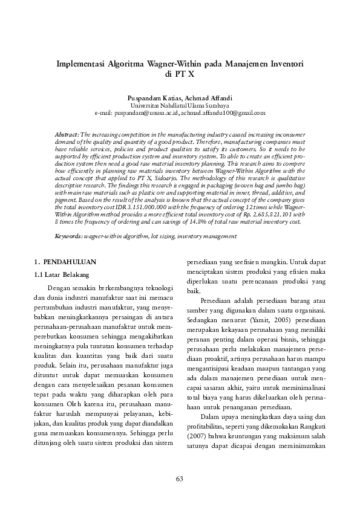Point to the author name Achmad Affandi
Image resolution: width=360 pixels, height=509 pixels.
tap(208, 97)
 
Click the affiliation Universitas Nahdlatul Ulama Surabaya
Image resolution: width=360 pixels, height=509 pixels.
tap(180, 105)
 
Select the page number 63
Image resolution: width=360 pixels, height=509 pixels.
tap(180, 479)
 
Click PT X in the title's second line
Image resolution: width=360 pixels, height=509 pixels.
tap(180, 74)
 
